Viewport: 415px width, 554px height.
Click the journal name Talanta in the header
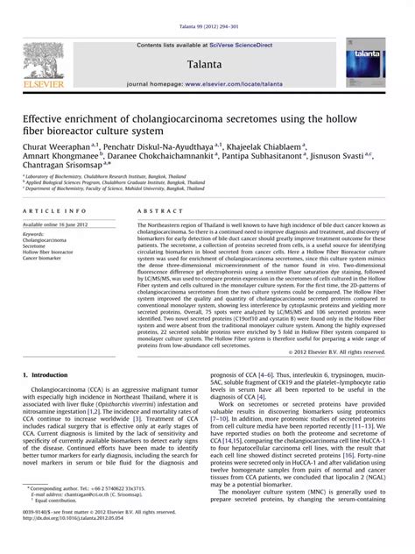[202, 65]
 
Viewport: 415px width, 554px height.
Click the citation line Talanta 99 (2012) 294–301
[207, 6]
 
